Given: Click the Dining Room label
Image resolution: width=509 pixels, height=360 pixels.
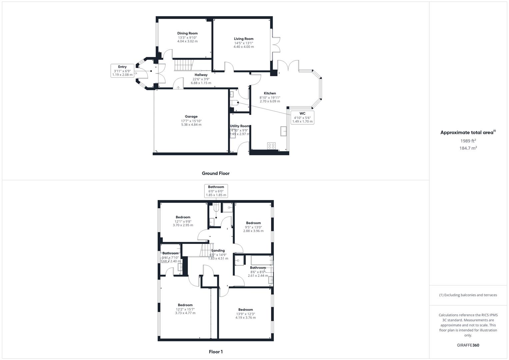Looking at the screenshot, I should [x=187, y=33].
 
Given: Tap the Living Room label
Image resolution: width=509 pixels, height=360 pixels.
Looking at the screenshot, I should [x=244, y=39].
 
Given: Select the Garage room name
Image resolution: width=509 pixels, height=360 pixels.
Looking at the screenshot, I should [x=191, y=117].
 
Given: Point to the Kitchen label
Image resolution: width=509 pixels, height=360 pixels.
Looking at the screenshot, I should [x=270, y=93].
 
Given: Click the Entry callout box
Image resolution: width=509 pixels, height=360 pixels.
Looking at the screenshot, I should [x=122, y=71].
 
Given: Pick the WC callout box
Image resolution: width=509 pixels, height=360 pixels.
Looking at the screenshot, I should [x=302, y=117].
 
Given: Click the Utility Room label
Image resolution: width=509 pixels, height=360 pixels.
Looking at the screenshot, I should [x=240, y=126].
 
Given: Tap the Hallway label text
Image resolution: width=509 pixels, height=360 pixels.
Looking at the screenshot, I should [x=201, y=75].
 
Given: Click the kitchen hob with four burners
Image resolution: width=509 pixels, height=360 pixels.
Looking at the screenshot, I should [x=272, y=146].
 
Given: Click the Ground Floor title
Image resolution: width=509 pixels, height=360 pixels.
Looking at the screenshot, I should [x=216, y=173].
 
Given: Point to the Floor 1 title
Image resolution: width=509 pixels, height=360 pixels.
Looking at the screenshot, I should [x=216, y=352].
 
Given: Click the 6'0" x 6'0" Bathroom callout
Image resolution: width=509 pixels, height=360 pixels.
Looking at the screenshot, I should [x=216, y=191].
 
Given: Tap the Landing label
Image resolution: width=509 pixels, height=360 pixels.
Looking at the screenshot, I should [x=218, y=251].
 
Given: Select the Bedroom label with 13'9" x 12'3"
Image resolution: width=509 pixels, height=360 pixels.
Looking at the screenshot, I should [x=246, y=310].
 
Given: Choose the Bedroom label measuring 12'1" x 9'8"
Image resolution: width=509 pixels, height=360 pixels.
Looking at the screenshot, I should [x=183, y=217].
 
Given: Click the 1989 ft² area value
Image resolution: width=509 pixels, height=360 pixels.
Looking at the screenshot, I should [x=468, y=141].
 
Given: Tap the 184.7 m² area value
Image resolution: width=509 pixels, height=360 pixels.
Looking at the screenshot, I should [x=468, y=148].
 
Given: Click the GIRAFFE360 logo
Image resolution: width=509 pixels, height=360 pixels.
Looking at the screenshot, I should [x=468, y=345].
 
